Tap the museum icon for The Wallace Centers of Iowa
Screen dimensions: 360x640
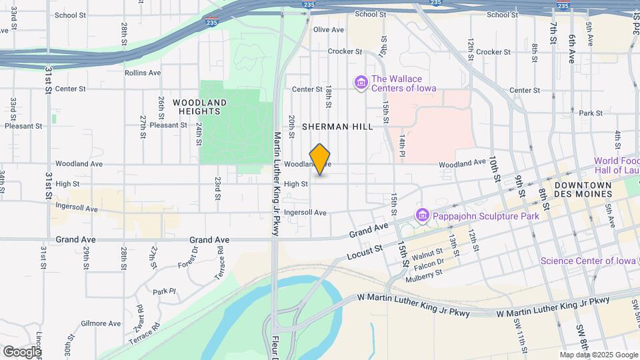click(361, 82)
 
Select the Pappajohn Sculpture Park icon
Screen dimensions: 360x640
click(421, 215)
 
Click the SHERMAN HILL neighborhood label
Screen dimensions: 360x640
click(337, 126)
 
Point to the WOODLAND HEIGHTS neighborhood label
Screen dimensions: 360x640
click(199, 107)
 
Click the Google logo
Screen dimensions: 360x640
click(21, 351)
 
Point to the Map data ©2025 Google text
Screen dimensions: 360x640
click(598, 355)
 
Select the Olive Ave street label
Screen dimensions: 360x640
click(328, 29)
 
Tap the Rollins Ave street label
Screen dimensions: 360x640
click(143, 73)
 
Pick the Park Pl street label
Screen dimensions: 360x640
click(163, 291)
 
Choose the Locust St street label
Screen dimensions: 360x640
click(364, 252)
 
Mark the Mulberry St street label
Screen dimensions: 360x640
click(424, 277)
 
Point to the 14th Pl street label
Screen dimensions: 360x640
click(403, 145)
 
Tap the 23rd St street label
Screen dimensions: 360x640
click(217, 189)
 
